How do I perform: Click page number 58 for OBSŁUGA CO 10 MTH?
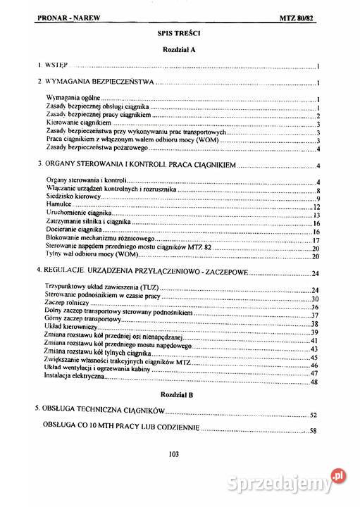(315, 430)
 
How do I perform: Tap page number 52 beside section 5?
(315, 415)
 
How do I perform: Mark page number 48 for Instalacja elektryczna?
(315, 382)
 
